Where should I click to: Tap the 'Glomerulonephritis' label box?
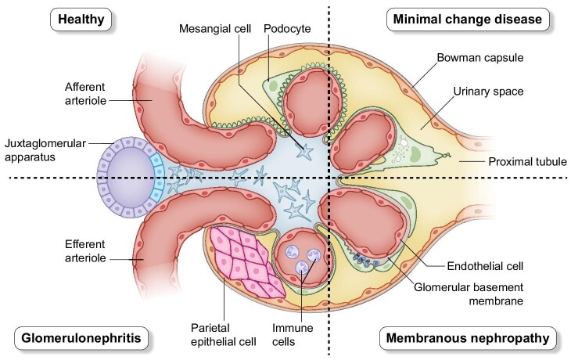(x=71, y=340)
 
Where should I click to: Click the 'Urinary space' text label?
(x=485, y=92)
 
